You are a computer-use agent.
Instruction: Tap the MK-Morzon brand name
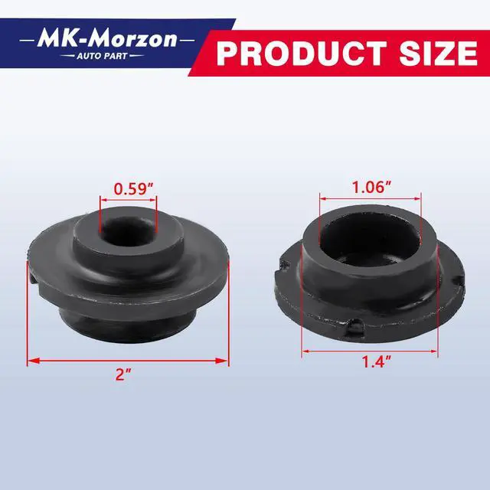(x=107, y=40)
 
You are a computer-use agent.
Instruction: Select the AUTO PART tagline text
(x=102, y=56)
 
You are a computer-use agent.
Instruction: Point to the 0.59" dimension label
(x=134, y=189)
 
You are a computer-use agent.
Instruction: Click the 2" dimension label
(x=123, y=374)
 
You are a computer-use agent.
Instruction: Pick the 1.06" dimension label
(x=371, y=187)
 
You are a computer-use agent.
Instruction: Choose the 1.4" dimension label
(x=376, y=362)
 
